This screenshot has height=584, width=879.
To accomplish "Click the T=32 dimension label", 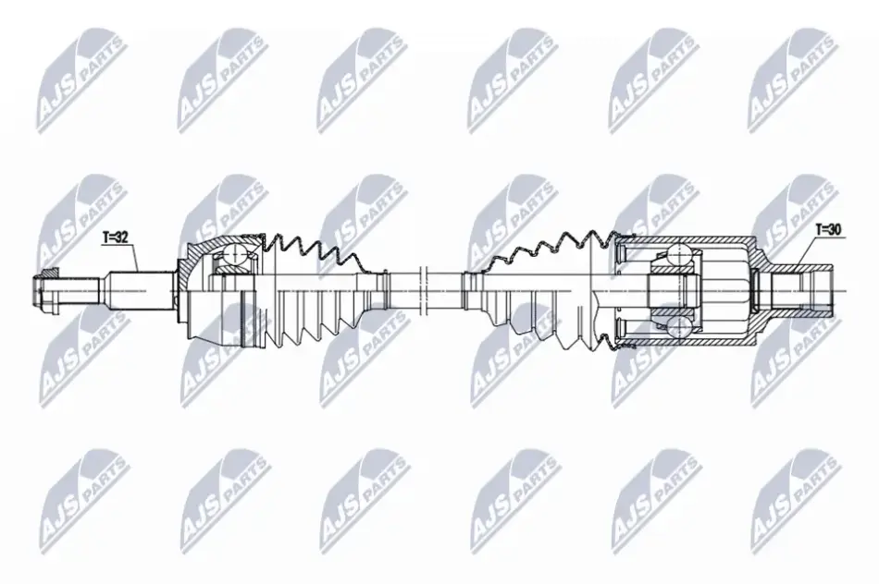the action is pos(116,237).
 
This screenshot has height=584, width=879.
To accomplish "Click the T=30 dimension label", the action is pos(828,229).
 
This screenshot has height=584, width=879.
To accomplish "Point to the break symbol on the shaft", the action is pos(424,290).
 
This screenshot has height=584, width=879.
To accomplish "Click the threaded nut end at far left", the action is pos(46,291).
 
